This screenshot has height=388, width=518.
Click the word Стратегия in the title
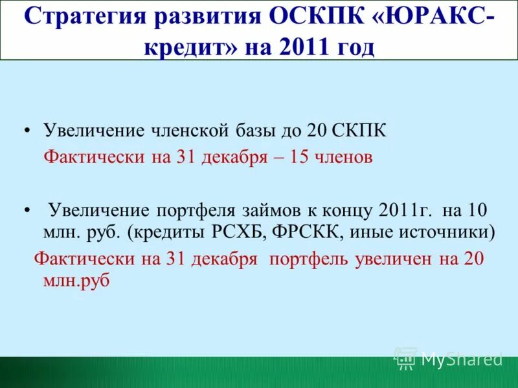(84, 17)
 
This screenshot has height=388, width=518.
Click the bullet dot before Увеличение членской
(27, 131)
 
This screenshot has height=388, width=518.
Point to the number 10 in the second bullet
(477, 210)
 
